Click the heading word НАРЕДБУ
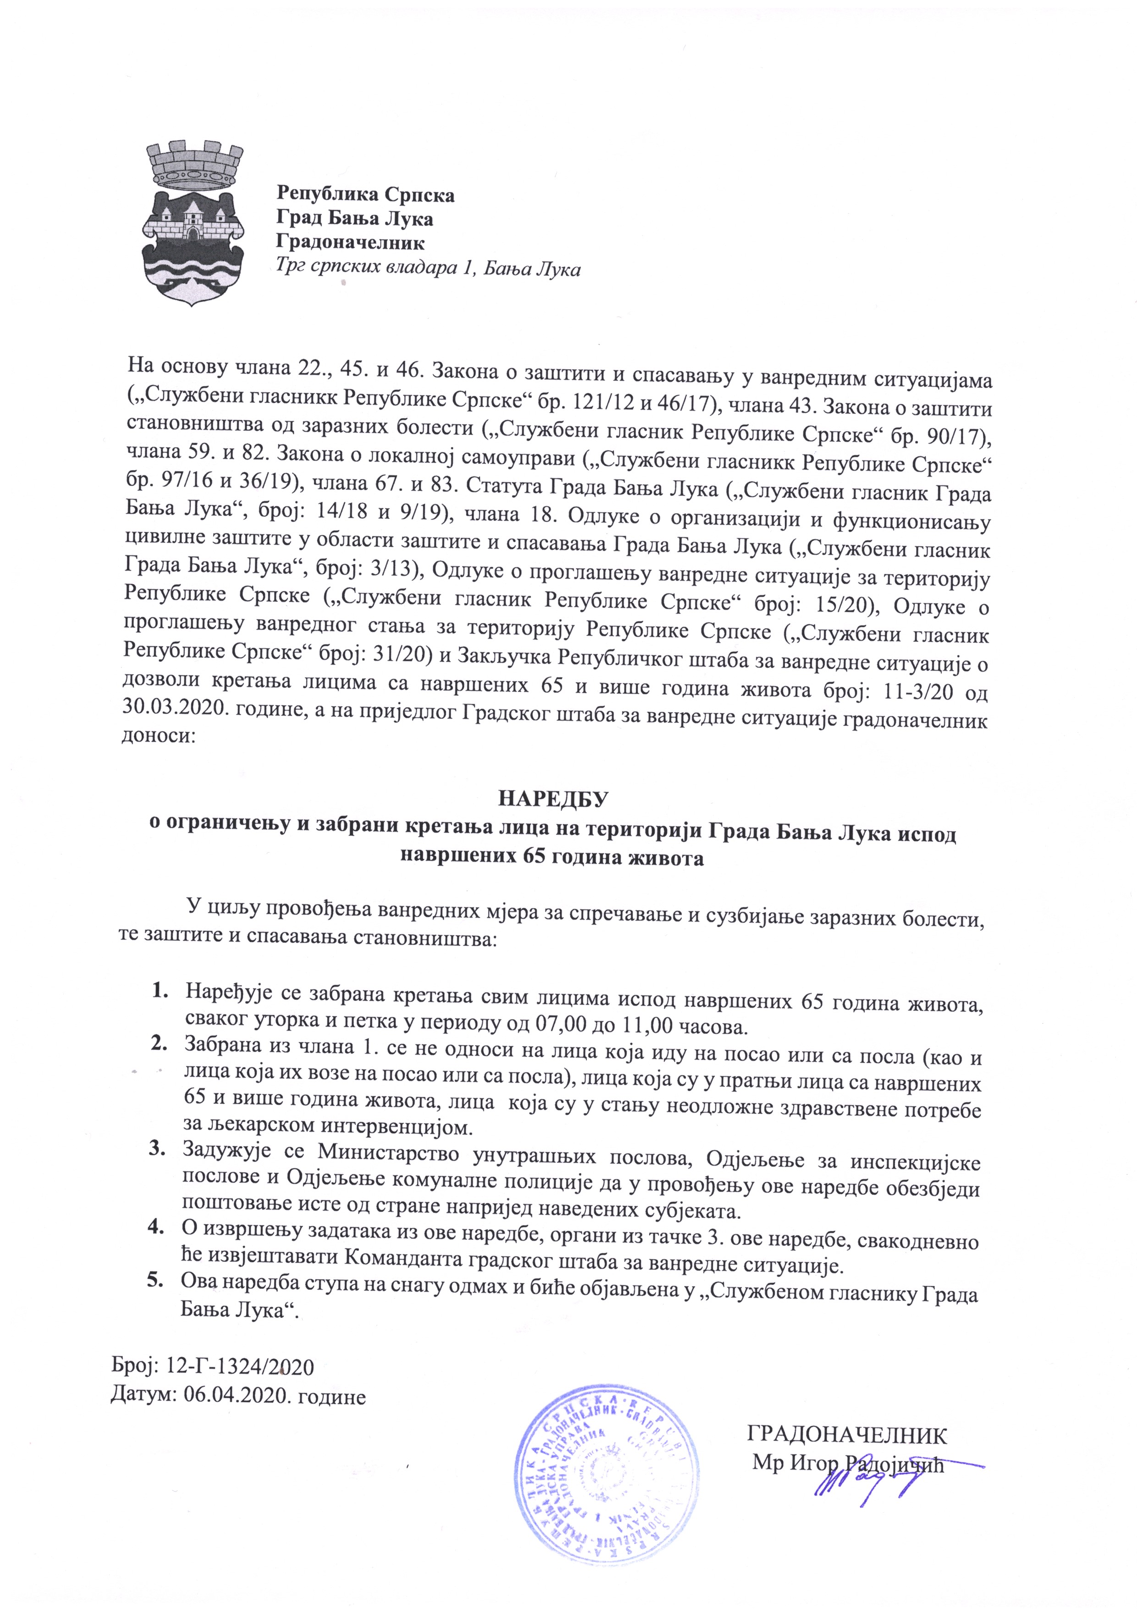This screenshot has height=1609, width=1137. pos(553,799)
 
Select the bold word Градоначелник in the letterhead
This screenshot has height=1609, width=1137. pos(350,243)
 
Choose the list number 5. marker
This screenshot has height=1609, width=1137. pos(155,1282)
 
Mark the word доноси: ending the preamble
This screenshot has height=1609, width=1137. pos(155,735)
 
